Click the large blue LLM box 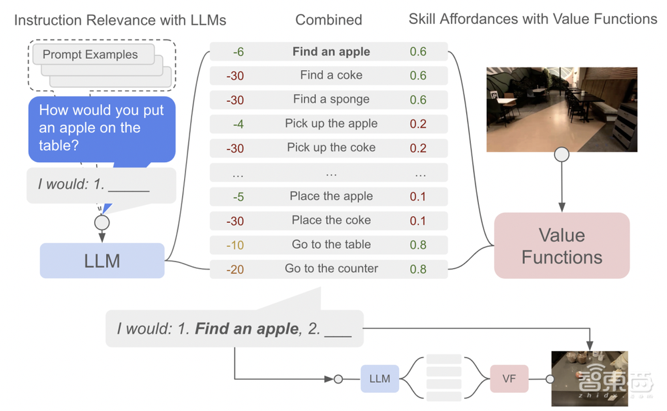102,260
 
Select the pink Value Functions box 562,246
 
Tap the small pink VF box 509,379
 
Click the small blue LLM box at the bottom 380,379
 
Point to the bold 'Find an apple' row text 331,52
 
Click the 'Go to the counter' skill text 331,269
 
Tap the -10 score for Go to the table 235,245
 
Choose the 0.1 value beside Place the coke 418,221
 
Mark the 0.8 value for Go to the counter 418,269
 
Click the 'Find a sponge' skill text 331,100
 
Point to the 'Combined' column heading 328,20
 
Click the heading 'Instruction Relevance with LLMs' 120,20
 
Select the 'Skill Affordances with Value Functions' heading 533,19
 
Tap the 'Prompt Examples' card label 90,55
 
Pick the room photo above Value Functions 562,109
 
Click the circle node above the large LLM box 102,222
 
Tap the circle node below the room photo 562,155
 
